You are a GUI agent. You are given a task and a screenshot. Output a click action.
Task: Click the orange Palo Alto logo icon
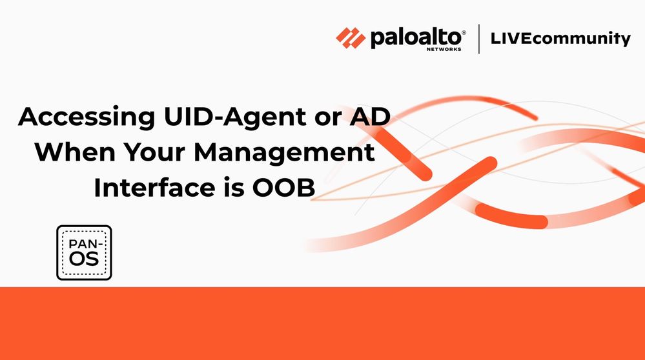(351, 38)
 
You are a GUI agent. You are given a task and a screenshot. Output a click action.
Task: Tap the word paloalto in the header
(416, 38)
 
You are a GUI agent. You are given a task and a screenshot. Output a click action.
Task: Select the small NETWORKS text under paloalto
(444, 49)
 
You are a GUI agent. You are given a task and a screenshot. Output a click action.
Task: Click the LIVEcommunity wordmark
(560, 39)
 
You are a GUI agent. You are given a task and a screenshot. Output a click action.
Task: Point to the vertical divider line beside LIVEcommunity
(479, 39)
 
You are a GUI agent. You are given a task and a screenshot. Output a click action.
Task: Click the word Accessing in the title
(87, 117)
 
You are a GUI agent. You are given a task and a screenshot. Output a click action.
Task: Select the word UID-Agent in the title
(235, 117)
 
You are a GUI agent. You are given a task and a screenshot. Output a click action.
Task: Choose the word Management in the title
(284, 154)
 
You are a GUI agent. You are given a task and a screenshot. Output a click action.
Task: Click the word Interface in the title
(154, 187)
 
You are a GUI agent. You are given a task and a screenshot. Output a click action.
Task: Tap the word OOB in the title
(284, 188)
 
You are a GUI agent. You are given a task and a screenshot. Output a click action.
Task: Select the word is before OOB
(234, 188)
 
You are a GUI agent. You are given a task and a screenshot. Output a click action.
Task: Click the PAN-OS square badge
(85, 253)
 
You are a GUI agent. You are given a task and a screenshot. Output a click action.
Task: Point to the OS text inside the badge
(84, 259)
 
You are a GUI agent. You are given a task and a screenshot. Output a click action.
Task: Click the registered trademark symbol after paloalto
(464, 32)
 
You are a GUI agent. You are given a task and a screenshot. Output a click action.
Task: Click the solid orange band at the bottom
(323, 323)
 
